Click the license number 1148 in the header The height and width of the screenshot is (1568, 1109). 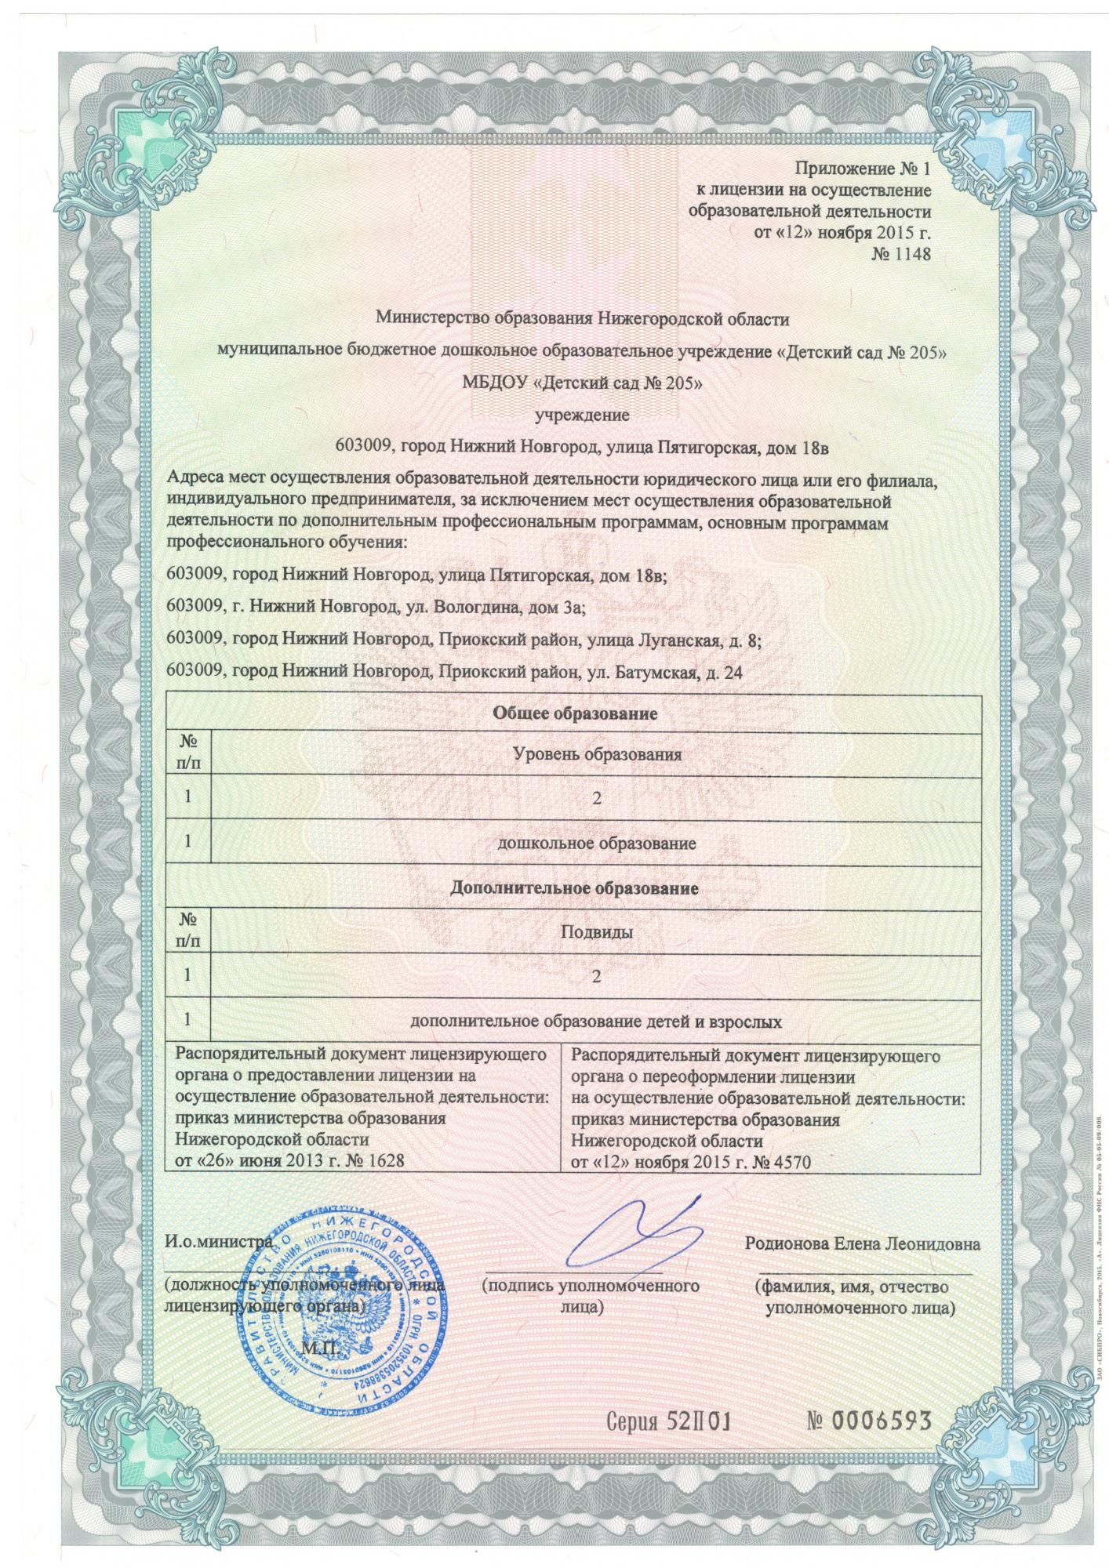pyautogui.click(x=910, y=255)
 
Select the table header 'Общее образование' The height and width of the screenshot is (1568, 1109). pyautogui.click(x=574, y=714)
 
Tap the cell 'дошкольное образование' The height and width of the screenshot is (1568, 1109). pyautogui.click(x=597, y=844)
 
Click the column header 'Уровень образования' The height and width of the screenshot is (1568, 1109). pyautogui.click(x=597, y=755)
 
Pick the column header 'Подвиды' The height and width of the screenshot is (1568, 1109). pyautogui.click(x=597, y=932)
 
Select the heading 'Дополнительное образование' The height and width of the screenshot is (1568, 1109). pyautogui.click(x=574, y=889)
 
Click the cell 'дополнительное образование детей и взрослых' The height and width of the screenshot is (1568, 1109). pyautogui.click(x=597, y=1022)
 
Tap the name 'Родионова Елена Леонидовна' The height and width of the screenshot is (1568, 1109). pyautogui.click(x=862, y=1245)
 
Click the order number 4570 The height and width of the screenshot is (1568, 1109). pyautogui.click(x=788, y=1162)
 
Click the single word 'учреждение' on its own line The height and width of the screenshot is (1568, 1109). pyautogui.click(x=581, y=416)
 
